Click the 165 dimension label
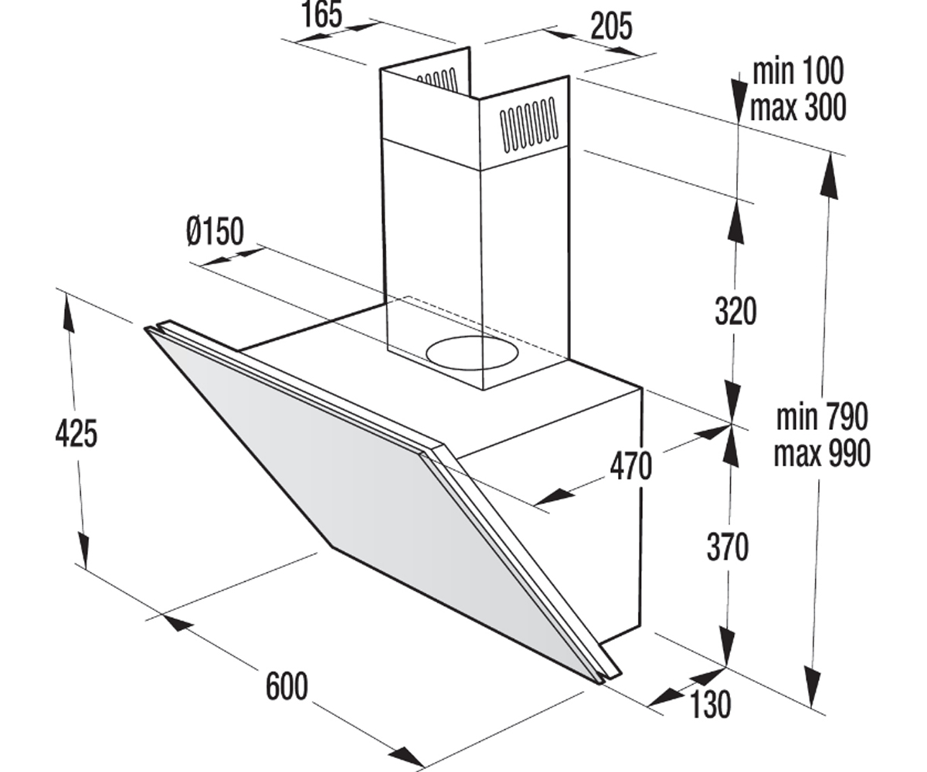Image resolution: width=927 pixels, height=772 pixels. point(322,15)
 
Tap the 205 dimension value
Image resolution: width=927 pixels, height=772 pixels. point(611,26)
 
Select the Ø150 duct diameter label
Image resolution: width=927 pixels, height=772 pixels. point(216,231)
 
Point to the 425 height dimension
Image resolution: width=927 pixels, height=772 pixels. point(76,433)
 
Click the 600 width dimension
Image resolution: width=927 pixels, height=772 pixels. point(287,686)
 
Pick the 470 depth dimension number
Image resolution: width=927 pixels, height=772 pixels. point(630,466)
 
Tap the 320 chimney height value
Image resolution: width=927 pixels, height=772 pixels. point(735,311)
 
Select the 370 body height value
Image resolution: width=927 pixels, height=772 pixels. point(728,547)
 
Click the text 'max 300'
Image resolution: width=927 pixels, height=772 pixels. point(798,107)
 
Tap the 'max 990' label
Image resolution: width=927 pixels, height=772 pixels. point(822,453)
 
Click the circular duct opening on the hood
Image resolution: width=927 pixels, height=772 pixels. point(471,353)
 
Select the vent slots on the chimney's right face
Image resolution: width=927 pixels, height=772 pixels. point(528,124)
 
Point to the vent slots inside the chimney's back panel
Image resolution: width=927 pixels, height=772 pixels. point(437,80)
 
